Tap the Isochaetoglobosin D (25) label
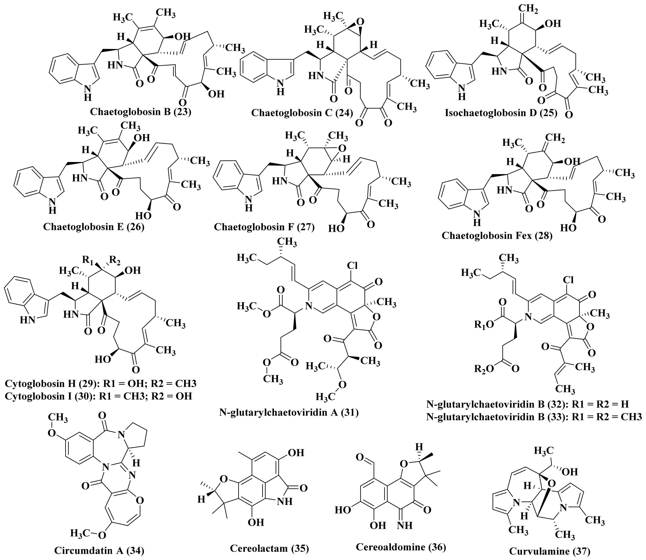click(x=501, y=112)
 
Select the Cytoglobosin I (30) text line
click(x=98, y=396)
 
